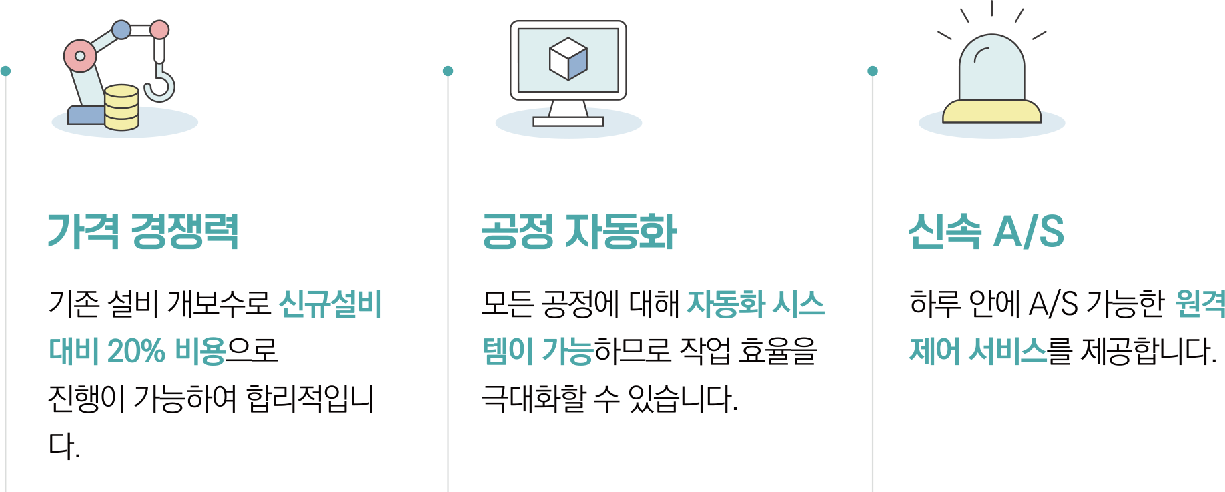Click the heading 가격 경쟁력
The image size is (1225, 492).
(x=143, y=232)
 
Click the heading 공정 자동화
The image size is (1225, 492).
(x=579, y=232)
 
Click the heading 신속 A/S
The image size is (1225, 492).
(x=985, y=232)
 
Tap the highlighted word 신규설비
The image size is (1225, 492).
(x=330, y=304)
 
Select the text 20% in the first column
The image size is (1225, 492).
(x=136, y=351)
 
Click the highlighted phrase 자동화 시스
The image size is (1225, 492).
(x=755, y=304)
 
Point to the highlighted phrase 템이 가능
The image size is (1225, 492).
(x=538, y=351)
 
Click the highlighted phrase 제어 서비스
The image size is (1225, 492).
(x=978, y=351)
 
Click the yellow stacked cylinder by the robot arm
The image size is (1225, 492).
(x=122, y=107)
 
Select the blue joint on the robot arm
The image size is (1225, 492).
(x=121, y=29)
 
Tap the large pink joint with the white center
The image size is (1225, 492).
(x=80, y=56)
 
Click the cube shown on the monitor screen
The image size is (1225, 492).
(x=568, y=58)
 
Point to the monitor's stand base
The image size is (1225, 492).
(x=568, y=121)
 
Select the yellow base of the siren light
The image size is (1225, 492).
(x=991, y=113)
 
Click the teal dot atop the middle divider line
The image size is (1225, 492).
(x=448, y=71)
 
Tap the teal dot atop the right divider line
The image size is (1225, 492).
(x=873, y=71)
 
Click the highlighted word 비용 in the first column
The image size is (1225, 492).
(x=200, y=351)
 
